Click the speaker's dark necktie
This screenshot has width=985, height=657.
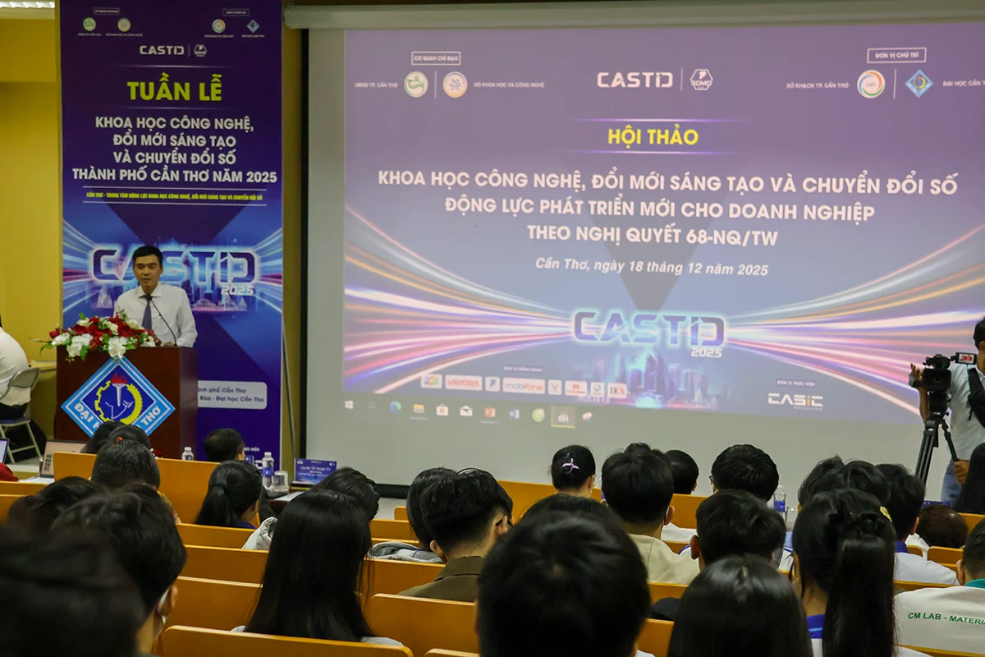147,311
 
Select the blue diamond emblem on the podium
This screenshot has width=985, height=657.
118,396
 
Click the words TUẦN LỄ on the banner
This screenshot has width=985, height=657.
174,90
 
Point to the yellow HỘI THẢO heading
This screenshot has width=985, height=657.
653,136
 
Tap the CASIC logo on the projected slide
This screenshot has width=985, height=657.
795,400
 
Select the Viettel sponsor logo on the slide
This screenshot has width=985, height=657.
463,383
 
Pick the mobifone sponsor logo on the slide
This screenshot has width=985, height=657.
523,385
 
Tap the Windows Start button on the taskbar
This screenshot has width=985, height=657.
350,406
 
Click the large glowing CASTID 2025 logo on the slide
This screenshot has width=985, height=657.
648,330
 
